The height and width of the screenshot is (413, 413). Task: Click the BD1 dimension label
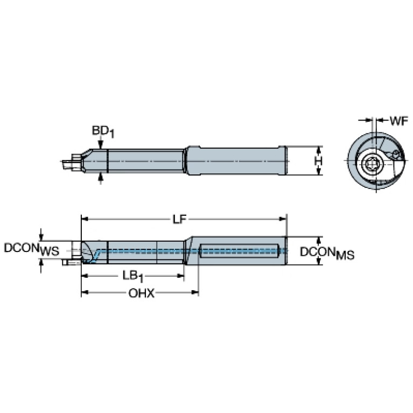(x=103, y=132)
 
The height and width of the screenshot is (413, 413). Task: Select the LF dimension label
(x=180, y=219)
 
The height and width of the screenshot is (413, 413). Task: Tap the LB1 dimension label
(x=133, y=277)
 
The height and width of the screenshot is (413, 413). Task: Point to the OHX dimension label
(x=142, y=293)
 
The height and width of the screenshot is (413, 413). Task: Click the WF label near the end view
(x=399, y=121)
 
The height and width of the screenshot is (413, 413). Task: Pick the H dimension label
(x=319, y=161)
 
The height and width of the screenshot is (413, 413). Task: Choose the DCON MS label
(x=327, y=253)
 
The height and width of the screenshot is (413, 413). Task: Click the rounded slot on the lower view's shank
(x=239, y=251)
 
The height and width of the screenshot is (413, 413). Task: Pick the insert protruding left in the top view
(x=72, y=161)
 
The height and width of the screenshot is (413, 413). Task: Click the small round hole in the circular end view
(x=396, y=154)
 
